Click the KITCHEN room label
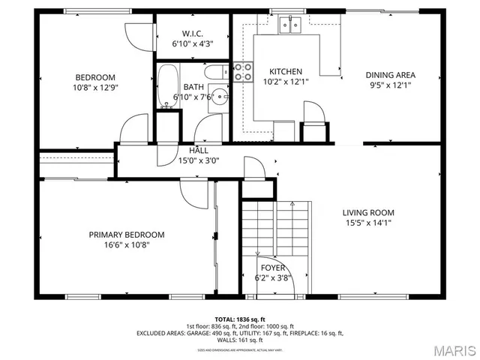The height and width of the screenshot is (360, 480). (x=286, y=71)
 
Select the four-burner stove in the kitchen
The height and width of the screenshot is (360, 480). (x=242, y=72)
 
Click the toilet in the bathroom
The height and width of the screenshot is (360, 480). (x=214, y=73)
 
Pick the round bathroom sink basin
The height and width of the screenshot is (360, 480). (x=218, y=97)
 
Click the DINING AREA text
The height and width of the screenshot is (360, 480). (x=390, y=75)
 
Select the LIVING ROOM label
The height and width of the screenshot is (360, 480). (x=368, y=212)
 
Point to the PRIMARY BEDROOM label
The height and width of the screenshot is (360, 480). (x=127, y=235)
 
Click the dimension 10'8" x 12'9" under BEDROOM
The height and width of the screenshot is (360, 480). (x=95, y=88)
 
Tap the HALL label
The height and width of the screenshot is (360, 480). (x=199, y=150)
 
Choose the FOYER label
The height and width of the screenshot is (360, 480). (x=272, y=268)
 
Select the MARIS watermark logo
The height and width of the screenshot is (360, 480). (x=452, y=349)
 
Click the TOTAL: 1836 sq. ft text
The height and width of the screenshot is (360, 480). (x=239, y=319)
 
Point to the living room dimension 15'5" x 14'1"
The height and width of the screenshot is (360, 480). (x=368, y=223)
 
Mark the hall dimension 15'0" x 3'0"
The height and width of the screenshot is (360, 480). (x=199, y=160)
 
